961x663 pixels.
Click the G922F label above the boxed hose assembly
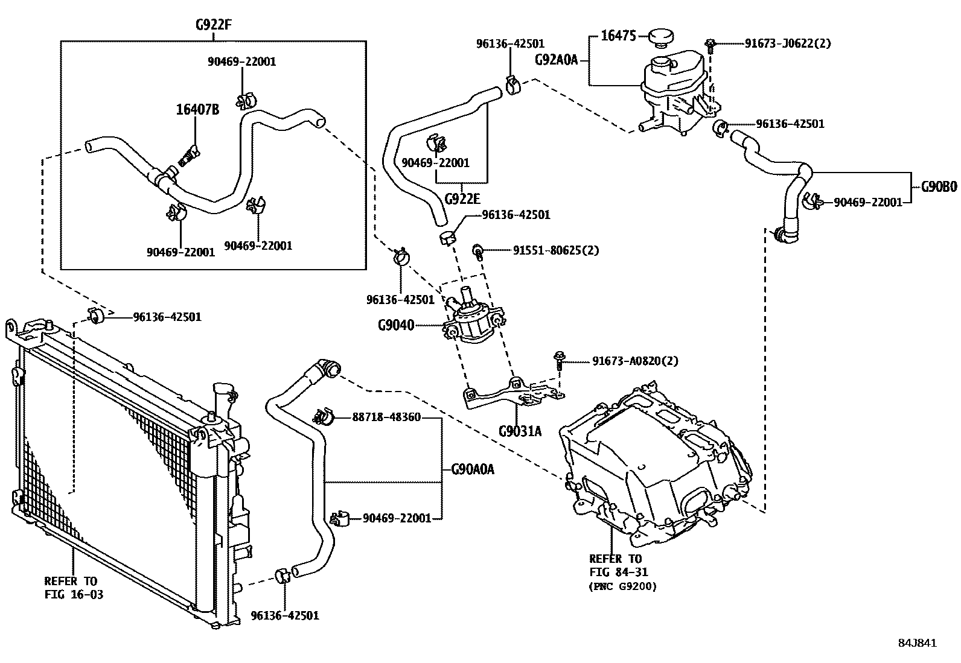pyautogui.click(x=214, y=25)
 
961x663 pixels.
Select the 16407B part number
pyautogui.click(x=197, y=110)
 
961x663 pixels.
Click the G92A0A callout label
pyautogui.click(x=557, y=60)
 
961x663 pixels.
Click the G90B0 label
pyautogui.click(x=939, y=187)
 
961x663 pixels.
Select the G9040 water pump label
pyautogui.click(x=396, y=325)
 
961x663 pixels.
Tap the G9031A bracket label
pyautogui.click(x=520, y=431)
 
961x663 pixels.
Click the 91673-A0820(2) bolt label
pyautogui.click(x=635, y=361)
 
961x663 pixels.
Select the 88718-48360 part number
pyautogui.click(x=386, y=417)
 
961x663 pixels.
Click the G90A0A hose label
pyautogui.click(x=473, y=469)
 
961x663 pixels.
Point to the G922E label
pyautogui.click(x=462, y=198)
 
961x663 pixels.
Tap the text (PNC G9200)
pyautogui.click(x=622, y=585)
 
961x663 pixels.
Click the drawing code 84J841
pyautogui.click(x=916, y=643)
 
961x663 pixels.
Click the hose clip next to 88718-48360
pyautogui.click(x=324, y=416)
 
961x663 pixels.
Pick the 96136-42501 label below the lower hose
pyautogui.click(x=284, y=615)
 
